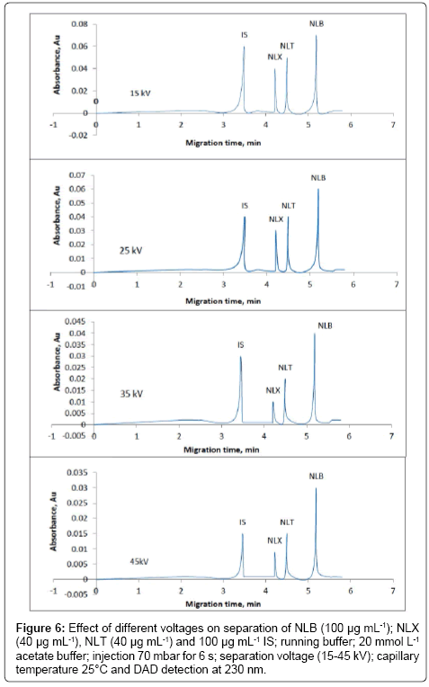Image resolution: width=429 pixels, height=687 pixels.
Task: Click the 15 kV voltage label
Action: (140, 94)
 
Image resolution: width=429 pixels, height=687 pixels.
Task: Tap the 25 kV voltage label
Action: (131, 251)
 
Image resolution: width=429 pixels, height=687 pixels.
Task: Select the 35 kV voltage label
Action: (131, 394)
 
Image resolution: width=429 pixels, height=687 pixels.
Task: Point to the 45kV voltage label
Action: (139, 561)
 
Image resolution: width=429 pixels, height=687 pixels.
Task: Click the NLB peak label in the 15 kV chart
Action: (317, 24)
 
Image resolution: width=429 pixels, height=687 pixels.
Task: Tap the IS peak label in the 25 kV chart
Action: (245, 206)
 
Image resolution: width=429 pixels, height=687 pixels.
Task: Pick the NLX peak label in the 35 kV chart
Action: (273, 390)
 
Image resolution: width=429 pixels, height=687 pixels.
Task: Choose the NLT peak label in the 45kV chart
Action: (287, 522)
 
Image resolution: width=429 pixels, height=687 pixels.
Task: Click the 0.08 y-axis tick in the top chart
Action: (80, 23)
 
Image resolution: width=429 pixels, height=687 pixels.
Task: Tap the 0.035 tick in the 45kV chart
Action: (76, 473)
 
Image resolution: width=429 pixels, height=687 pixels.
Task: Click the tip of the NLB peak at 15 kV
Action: (316, 35)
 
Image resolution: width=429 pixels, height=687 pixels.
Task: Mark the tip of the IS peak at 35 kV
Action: (240, 356)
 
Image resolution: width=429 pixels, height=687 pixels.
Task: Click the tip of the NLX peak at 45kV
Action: (274, 552)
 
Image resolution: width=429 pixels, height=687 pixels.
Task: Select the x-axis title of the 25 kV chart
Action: (223, 301)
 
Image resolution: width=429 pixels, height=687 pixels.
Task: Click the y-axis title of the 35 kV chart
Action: (57, 361)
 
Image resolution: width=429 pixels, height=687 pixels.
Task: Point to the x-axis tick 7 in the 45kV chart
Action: (393, 590)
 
